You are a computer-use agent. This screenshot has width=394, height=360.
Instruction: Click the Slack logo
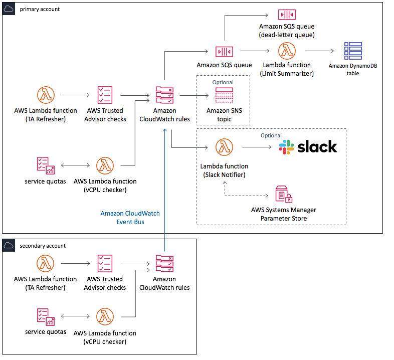click(x=308, y=147)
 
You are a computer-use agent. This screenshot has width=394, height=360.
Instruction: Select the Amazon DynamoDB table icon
click(x=353, y=51)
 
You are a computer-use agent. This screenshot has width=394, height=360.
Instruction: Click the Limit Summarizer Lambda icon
click(x=286, y=51)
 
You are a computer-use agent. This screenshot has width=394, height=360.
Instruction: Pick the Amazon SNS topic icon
click(x=224, y=95)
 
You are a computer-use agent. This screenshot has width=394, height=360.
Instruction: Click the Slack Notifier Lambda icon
click(x=224, y=147)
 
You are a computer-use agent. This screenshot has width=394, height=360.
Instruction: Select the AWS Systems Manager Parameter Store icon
click(x=284, y=194)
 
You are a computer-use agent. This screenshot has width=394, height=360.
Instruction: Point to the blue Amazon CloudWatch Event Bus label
click(x=130, y=217)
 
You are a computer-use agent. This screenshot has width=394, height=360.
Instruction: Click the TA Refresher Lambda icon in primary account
click(x=46, y=95)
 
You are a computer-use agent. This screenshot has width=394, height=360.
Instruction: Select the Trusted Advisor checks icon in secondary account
click(x=105, y=264)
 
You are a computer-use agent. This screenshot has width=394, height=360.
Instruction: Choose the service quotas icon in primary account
click(x=45, y=165)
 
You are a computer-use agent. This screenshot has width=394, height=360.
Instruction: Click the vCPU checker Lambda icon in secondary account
click(x=105, y=316)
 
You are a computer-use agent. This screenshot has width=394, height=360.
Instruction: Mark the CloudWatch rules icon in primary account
click(x=164, y=95)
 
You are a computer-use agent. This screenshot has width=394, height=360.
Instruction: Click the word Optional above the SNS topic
click(x=223, y=82)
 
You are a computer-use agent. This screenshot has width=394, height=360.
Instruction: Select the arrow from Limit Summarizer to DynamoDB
click(x=319, y=51)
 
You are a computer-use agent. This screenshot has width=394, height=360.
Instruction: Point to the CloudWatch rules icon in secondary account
click(x=164, y=264)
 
